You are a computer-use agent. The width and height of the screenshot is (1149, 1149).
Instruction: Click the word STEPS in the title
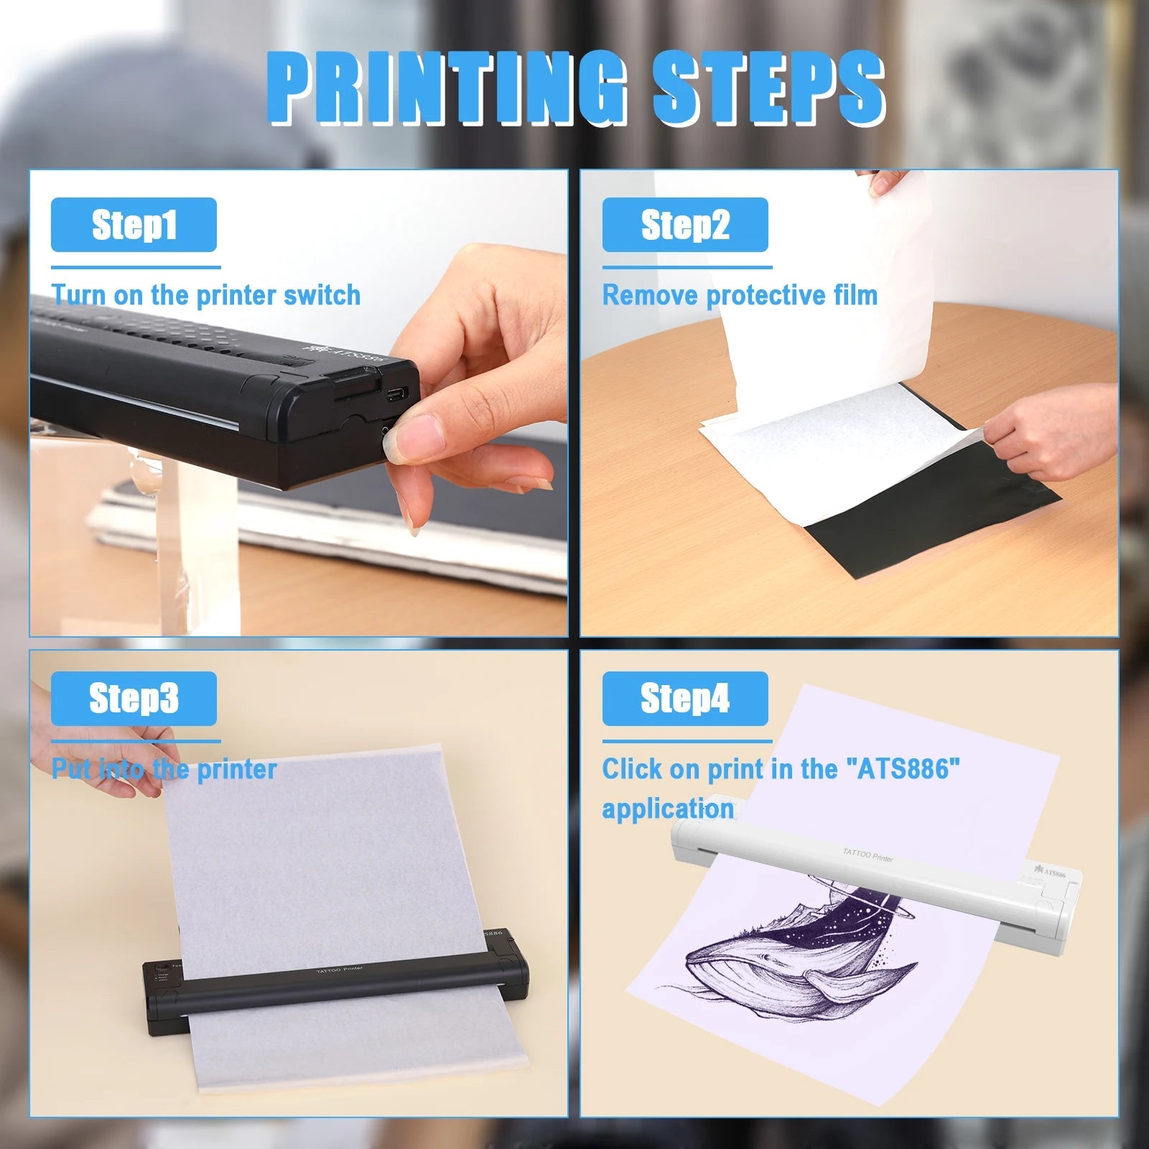coord(768,90)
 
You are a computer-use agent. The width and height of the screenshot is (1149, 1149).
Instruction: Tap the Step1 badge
coord(134,225)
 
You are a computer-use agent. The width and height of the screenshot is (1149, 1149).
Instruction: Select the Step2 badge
coord(685,225)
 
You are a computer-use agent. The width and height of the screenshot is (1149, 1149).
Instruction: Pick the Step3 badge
coord(134,699)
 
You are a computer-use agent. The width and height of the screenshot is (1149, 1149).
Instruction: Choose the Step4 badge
coord(685,699)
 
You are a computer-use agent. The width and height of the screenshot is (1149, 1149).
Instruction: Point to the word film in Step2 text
coord(855,295)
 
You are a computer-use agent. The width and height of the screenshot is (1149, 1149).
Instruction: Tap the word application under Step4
coord(668,809)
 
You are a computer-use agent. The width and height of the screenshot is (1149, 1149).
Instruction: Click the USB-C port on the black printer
coord(397,394)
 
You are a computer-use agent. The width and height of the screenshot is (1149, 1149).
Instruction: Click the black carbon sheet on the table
coord(934,517)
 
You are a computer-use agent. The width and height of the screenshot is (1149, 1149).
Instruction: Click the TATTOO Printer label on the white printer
coord(867,855)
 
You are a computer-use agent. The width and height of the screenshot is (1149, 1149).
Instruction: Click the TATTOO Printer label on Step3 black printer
coord(340,970)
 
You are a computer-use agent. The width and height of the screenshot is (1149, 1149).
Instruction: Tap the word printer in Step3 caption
coord(237,769)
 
